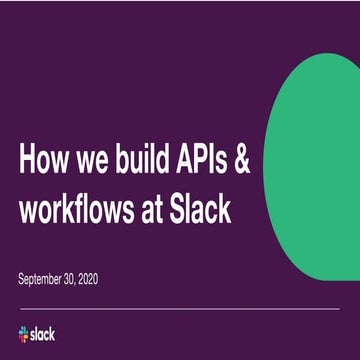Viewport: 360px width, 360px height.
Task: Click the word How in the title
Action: point(46,161)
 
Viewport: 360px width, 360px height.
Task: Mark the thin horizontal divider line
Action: point(180,310)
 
